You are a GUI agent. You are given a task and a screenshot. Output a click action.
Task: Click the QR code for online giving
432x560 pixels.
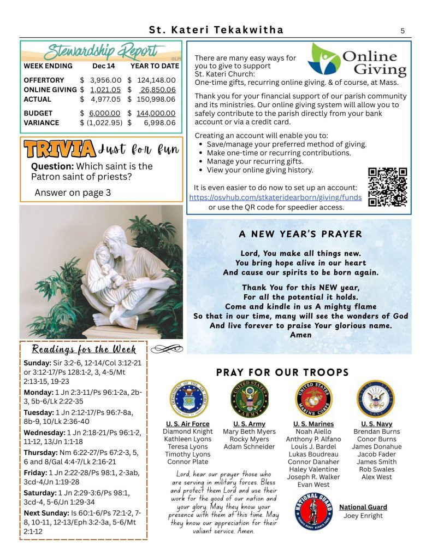pos(387,187)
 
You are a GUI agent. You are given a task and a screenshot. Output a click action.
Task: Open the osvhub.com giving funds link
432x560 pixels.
pos(275,197)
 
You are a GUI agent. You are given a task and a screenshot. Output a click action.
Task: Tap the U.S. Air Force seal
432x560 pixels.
pos(188,399)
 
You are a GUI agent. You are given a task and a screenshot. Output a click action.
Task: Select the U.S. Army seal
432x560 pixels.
pos(249,399)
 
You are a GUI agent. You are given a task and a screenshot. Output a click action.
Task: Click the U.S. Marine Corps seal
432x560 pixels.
pos(313,399)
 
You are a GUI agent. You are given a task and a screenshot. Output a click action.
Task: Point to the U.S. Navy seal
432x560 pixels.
pos(376,399)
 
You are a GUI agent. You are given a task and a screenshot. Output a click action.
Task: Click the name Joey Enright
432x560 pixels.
pos(363,516)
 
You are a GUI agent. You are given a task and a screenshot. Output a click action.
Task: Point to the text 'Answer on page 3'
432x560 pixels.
pos(73,192)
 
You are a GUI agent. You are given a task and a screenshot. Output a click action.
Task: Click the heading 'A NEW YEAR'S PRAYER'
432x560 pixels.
pos(300,234)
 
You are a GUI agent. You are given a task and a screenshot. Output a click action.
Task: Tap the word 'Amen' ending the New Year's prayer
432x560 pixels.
pos(300,335)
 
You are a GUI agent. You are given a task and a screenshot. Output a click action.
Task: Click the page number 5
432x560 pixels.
pos(403,31)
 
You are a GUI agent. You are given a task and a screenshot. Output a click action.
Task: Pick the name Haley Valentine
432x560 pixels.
pos(313,469)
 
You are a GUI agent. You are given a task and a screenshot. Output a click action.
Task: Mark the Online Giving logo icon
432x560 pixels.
pos(323,59)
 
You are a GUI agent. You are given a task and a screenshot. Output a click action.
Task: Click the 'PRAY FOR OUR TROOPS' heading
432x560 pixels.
pos(282,373)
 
